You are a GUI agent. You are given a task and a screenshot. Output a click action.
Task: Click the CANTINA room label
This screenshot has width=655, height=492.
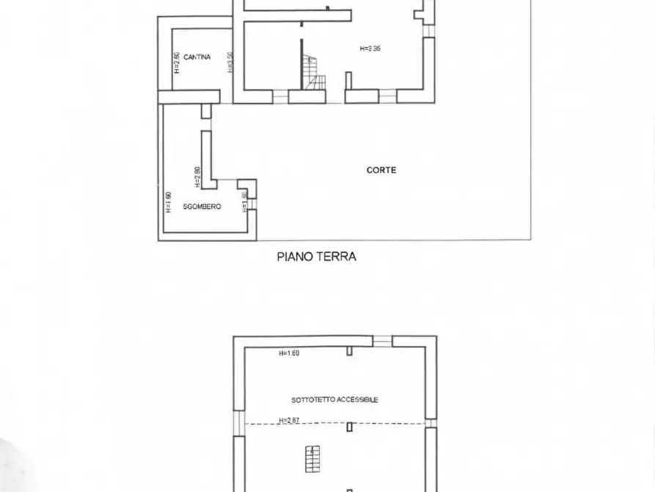(x=198, y=57)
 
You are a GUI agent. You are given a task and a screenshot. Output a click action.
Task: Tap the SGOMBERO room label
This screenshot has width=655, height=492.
(x=202, y=207)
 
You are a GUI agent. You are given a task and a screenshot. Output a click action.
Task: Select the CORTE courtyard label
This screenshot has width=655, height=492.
(x=381, y=170)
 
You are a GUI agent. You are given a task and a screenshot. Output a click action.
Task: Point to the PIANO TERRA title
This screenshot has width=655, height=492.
(x=316, y=257)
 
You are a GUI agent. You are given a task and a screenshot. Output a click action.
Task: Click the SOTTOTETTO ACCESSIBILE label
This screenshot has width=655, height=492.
(x=334, y=399)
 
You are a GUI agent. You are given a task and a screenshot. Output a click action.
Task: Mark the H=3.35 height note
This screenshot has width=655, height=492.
(x=370, y=48)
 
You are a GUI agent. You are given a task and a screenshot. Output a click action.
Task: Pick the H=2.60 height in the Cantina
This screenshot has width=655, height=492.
(x=177, y=62)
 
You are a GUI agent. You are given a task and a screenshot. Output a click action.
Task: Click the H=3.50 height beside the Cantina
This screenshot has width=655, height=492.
(x=230, y=62)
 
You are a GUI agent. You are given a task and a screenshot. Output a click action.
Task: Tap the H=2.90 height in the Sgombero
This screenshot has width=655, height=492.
(x=197, y=177)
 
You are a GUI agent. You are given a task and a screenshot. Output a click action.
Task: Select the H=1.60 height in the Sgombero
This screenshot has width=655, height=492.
(x=168, y=201)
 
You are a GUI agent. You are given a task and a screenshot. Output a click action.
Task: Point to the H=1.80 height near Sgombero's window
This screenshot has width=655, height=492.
(x=244, y=200)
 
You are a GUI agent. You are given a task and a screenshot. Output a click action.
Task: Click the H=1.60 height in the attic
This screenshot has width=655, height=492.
(x=289, y=353)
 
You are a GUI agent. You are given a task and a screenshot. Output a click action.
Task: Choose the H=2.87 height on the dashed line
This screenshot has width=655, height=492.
(x=289, y=421)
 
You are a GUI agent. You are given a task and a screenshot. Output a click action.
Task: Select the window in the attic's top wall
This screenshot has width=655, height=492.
(x=382, y=341)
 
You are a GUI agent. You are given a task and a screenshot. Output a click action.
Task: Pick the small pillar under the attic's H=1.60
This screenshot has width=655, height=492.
(x=350, y=350)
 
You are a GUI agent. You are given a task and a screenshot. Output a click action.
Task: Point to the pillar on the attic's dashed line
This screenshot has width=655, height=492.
(x=351, y=426)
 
